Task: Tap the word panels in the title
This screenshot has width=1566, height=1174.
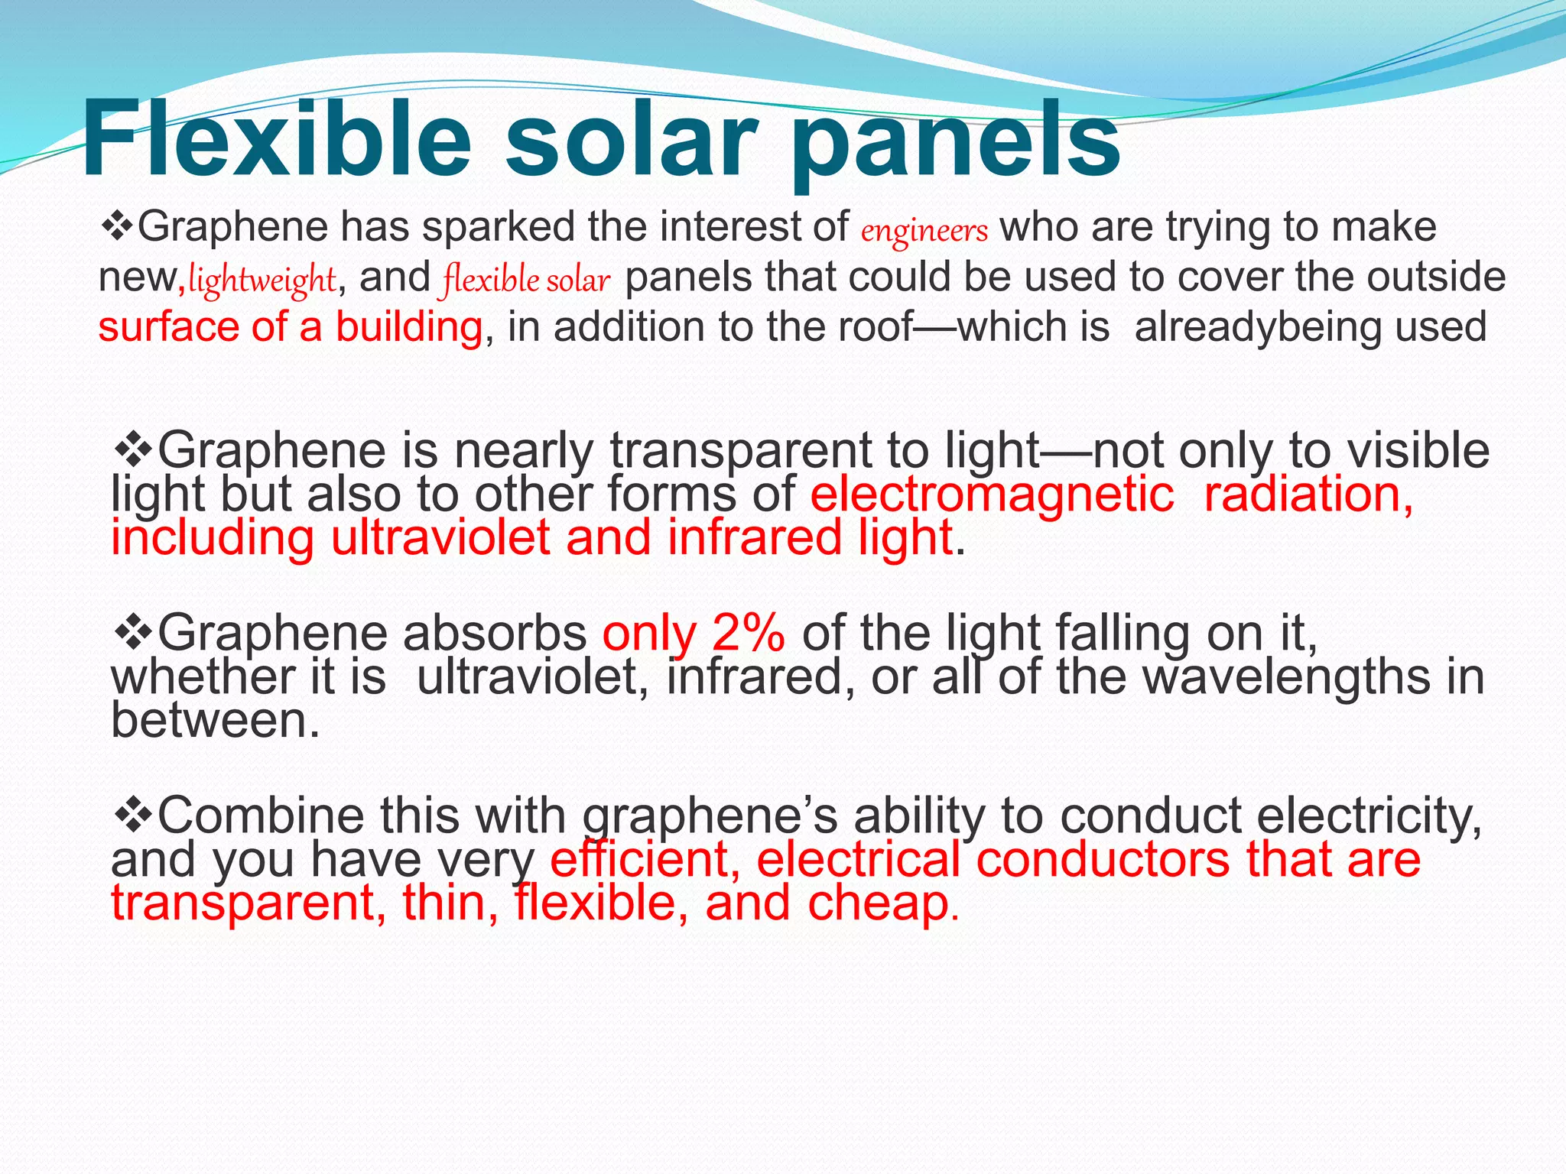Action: pyautogui.click(x=956, y=141)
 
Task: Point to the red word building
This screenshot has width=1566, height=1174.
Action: pyautogui.click(x=409, y=327)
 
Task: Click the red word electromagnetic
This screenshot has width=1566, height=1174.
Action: pyautogui.click(x=991, y=495)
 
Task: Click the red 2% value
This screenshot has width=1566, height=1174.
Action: pyautogui.click(x=748, y=634)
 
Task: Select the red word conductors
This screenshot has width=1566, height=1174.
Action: pyautogui.click(x=1103, y=859)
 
